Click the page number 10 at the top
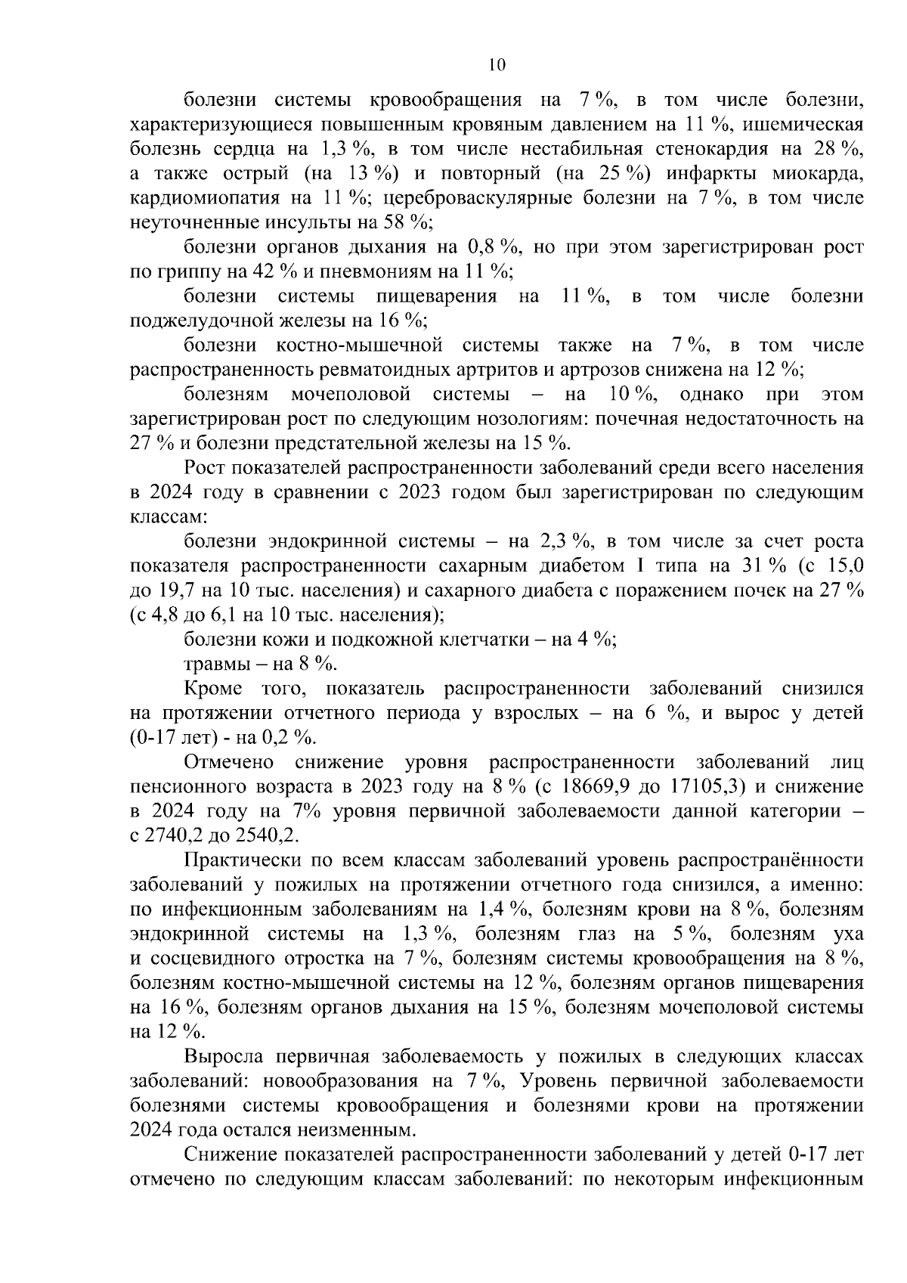coord(497,65)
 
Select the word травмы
coord(212,664)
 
